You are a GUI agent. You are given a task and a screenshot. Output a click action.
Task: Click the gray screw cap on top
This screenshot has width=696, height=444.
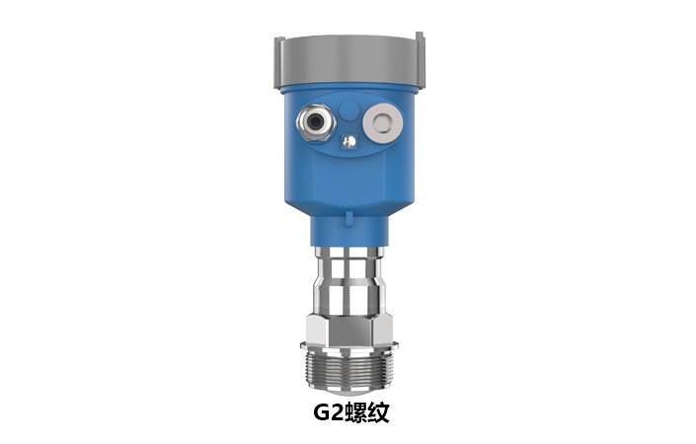[x=348, y=58]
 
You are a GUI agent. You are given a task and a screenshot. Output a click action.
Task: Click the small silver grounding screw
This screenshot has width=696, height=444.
[x=348, y=144]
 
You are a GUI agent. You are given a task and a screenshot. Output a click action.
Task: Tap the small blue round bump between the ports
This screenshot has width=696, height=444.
[x=348, y=107]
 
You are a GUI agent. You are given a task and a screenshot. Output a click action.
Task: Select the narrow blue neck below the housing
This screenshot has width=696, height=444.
[x=348, y=233]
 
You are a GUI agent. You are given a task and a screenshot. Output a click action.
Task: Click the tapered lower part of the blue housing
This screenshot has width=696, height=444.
[x=348, y=192]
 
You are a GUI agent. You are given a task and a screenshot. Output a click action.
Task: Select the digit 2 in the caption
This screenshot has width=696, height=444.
[x=340, y=413]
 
